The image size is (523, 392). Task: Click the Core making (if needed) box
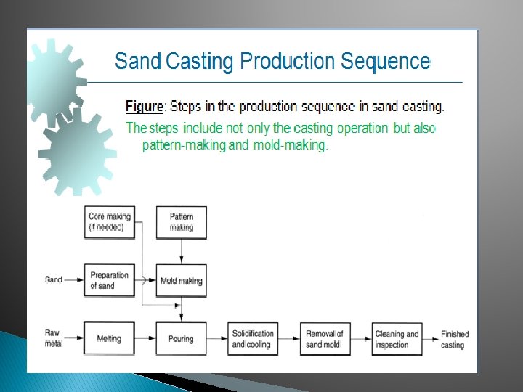coord(110,222)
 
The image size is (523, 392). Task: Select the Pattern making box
coord(182,222)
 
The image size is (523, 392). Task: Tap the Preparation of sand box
coord(110,280)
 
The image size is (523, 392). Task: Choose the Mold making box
coord(182,280)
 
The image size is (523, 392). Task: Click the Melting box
coord(110,338)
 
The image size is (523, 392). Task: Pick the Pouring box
coord(182,338)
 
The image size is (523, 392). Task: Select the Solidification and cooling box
coord(253,338)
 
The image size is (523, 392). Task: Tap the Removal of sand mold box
coord(325,338)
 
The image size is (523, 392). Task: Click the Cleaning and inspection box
coord(397,338)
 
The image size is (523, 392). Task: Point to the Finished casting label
coord(455,339)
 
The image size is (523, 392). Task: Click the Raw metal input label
coord(54,338)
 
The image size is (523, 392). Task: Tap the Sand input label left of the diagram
coord(54,279)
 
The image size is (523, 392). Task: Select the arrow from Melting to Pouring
coord(145,338)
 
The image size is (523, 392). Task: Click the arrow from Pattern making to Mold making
coord(182,251)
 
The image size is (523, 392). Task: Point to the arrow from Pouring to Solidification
coord(216,338)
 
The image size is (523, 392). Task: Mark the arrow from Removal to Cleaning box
coord(361,338)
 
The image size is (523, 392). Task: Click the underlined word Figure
coord(145,107)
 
